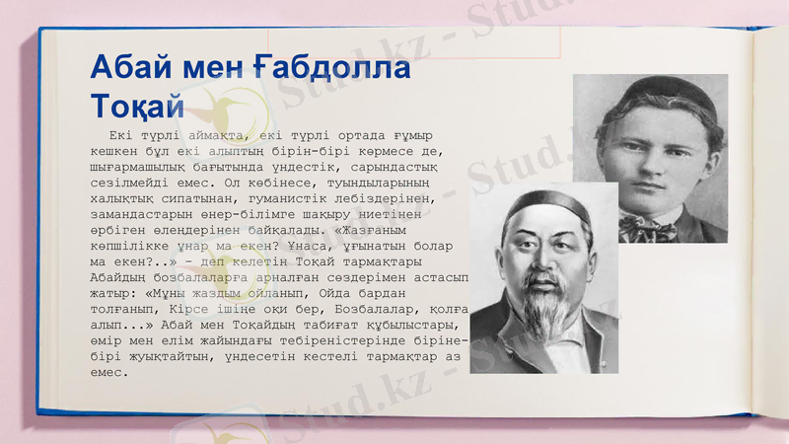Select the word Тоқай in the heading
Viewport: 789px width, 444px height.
click(x=137, y=103)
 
